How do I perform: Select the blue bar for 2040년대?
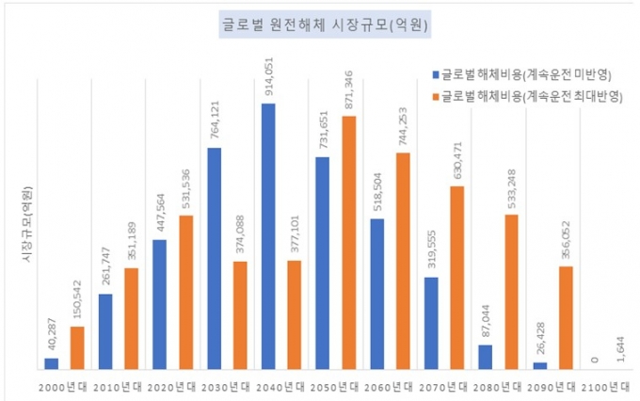tap(268, 235)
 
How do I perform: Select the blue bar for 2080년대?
tap(486, 357)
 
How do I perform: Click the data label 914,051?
tap(269, 79)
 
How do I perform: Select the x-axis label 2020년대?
tap(173, 386)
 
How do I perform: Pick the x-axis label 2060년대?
tap(390, 386)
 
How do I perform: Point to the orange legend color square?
tap(435, 95)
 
